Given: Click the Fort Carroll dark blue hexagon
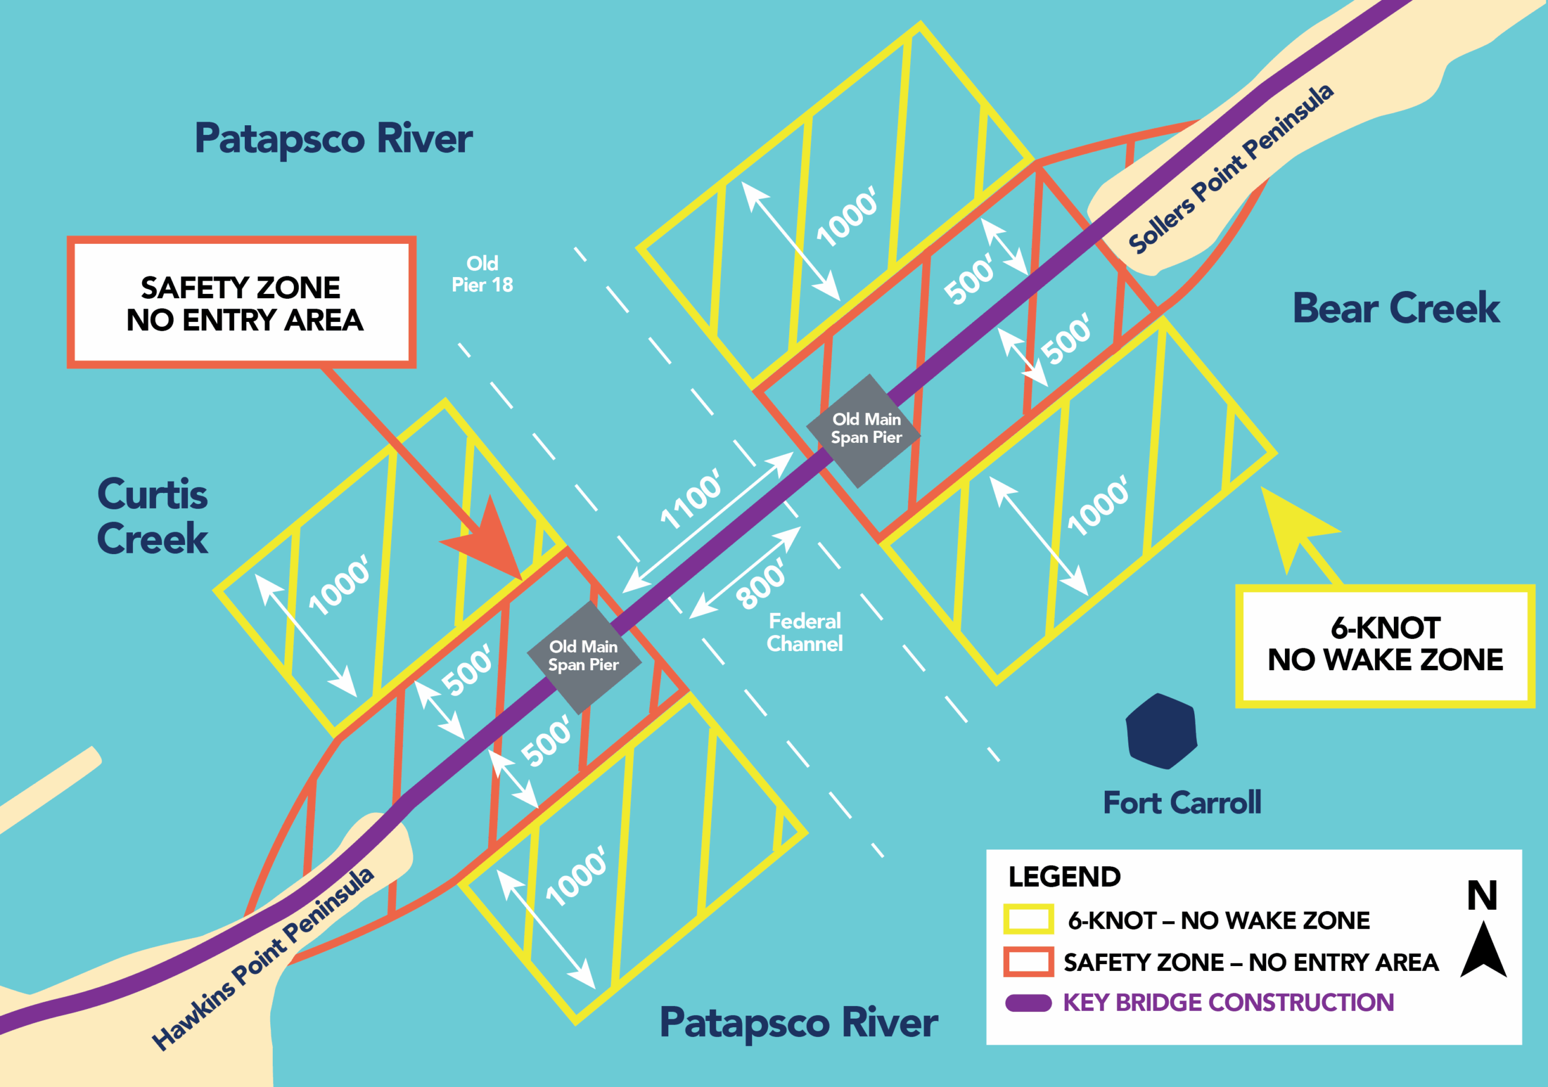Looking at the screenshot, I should (1161, 732).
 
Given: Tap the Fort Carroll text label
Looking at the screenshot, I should (1181, 803).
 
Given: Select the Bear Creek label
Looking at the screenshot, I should (1396, 308).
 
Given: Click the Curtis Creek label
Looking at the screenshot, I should (152, 516).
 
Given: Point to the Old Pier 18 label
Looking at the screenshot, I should (482, 274).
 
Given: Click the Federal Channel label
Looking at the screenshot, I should (804, 633).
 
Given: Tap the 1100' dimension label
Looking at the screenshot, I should (691, 499).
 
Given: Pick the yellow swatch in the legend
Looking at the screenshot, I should (1028, 919).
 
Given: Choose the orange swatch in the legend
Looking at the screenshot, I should (1028, 962).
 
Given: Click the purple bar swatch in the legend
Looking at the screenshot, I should (1028, 1004).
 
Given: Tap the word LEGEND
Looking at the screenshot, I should (1064, 876).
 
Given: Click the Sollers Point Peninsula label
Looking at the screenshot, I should (1231, 169).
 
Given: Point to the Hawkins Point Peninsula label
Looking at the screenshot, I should (263, 958).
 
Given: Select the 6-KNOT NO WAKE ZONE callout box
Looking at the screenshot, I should (1385, 645).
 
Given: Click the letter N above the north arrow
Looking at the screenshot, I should (1482, 895).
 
